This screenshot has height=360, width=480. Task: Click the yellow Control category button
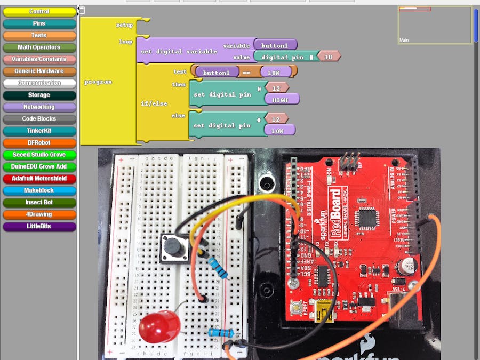39,11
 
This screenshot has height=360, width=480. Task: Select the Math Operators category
39,47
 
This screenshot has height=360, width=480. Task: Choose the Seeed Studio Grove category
39,155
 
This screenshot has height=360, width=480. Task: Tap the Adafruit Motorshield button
39,178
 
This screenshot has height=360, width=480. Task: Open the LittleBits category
39,226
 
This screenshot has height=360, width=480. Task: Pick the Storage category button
39,95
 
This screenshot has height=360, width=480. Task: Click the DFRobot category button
39,142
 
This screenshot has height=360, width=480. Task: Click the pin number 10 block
329,57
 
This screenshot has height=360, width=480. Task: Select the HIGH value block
281,100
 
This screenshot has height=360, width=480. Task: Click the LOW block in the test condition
275,72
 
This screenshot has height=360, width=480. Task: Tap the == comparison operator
246,72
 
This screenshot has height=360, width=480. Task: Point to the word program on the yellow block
98,82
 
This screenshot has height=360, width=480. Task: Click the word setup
124,25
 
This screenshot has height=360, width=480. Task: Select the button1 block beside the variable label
275,45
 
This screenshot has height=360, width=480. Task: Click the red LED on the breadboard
159,326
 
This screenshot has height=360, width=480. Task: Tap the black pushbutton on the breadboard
172,246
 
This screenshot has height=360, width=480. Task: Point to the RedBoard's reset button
295,308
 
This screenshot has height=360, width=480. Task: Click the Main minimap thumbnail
435,25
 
